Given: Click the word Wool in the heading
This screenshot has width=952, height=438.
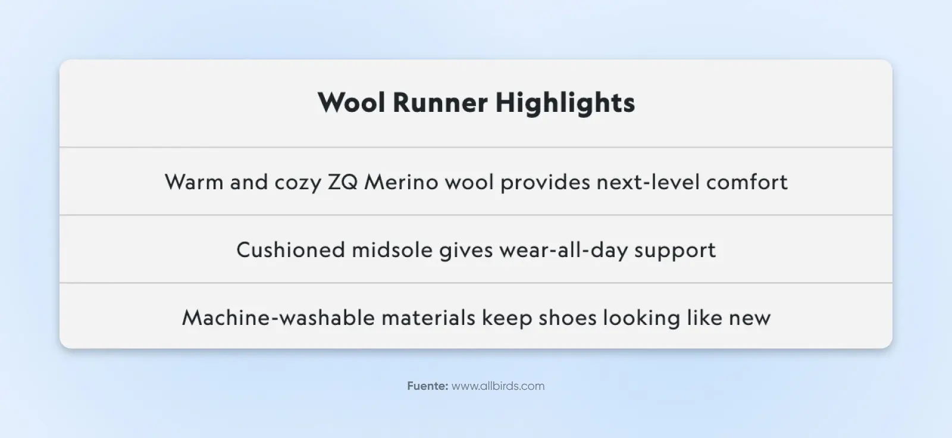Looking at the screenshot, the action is [x=352, y=102].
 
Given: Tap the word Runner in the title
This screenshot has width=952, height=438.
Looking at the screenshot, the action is [x=440, y=102].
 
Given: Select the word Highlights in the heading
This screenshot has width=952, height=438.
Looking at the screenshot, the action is [x=565, y=104].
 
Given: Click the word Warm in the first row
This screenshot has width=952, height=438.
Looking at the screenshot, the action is [x=194, y=182].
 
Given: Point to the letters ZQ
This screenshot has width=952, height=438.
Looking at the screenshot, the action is [x=343, y=183].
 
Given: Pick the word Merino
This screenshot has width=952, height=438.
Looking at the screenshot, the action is [x=401, y=182].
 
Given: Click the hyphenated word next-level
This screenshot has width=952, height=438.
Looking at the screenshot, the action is [x=648, y=182].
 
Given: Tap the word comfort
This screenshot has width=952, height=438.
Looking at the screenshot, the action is [x=747, y=182].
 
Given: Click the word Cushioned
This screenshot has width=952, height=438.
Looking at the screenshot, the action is [x=291, y=249].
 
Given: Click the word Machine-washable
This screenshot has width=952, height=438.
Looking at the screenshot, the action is [x=278, y=318].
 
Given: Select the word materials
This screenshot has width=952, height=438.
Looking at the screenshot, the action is [x=428, y=318].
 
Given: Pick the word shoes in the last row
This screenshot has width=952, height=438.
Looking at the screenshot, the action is [x=568, y=318].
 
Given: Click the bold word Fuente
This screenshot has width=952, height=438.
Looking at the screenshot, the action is [x=428, y=386].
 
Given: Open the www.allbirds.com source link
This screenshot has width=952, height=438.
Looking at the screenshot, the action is [x=498, y=386].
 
